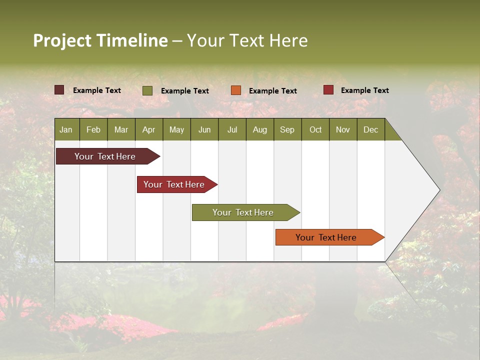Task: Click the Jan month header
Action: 66,129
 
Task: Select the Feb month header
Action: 93,129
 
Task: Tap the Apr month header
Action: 148,129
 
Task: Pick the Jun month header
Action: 204,129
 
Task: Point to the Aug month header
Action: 259,129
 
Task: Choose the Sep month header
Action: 287,129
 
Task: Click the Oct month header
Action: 315,129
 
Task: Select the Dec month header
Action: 370,129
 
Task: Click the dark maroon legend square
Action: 59,90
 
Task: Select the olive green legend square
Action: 147,90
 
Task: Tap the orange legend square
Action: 235,90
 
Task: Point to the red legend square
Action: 328,90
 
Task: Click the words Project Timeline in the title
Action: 100,40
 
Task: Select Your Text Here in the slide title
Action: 247,40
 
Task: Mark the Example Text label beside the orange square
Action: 272,90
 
